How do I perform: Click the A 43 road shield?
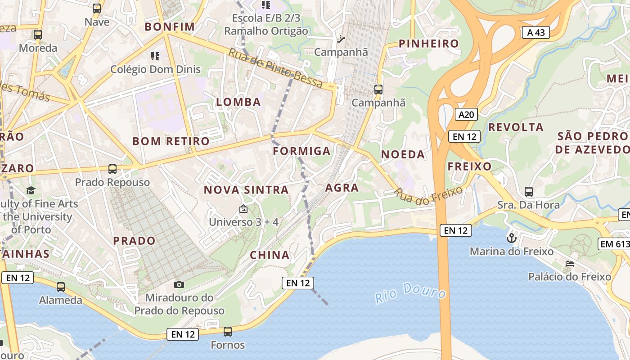[x=536, y=32]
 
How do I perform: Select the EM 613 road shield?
[x=614, y=244]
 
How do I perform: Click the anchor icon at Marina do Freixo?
[x=511, y=238]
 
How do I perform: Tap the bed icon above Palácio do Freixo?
[x=570, y=263]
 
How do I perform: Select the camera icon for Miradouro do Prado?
[x=179, y=284]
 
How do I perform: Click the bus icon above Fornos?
[x=228, y=332]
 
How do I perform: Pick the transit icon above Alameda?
[x=61, y=287]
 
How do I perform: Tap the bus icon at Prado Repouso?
[x=112, y=169]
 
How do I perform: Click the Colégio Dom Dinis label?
[x=156, y=70]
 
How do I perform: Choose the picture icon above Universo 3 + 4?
[x=243, y=209]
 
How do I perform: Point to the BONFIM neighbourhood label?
[x=170, y=27]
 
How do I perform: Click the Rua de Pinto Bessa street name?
[x=275, y=67]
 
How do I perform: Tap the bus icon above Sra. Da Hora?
[x=529, y=192]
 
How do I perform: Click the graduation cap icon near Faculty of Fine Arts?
[x=31, y=191]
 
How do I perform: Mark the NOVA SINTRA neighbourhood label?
[x=246, y=190]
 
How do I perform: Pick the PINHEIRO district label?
[x=429, y=44]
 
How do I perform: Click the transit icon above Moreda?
[x=38, y=35]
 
